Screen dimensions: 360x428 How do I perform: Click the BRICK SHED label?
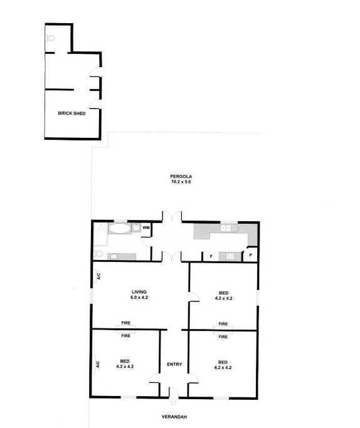[x=71, y=113]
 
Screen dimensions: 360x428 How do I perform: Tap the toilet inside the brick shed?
[x=50, y=38]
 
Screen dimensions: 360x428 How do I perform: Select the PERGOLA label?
[x=181, y=176]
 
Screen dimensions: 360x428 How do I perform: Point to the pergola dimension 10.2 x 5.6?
[x=181, y=182]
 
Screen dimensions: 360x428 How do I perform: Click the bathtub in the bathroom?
[x=119, y=228]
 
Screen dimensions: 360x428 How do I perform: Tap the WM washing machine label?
[x=146, y=227]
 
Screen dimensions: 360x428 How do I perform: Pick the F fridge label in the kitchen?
[x=211, y=256]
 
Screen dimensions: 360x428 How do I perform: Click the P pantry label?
[x=250, y=256]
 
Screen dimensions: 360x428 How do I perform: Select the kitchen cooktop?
[x=230, y=256]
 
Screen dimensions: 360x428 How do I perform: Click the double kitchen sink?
[x=229, y=227]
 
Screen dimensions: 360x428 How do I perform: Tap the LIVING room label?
[x=139, y=292]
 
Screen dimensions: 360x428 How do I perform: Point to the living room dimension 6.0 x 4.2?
[x=139, y=297]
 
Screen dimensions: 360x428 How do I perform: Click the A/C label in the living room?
[x=99, y=276]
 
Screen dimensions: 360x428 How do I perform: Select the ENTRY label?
[x=174, y=364]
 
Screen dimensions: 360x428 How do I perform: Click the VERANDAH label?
[x=174, y=417]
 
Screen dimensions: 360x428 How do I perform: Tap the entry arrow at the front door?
[x=174, y=402]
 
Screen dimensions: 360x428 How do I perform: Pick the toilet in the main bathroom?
[x=98, y=254]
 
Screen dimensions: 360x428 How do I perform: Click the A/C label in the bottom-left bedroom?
[x=98, y=364]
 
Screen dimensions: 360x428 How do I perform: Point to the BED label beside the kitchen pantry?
[x=223, y=293]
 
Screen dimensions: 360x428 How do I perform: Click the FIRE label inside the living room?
[x=125, y=323]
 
